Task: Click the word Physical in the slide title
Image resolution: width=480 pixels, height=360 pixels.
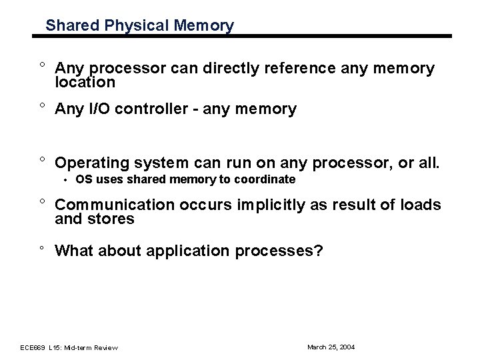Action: (125, 26)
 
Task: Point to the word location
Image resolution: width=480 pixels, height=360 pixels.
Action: (85, 83)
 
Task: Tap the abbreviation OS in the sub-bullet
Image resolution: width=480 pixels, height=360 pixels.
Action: (83, 180)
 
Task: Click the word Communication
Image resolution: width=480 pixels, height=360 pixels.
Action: (111, 205)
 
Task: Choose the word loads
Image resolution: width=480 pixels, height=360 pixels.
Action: (421, 205)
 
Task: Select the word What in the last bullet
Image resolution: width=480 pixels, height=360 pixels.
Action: (75, 251)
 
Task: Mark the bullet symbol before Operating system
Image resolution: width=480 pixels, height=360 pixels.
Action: (41, 161)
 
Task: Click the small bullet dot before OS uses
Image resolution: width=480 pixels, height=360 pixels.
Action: (67, 181)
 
